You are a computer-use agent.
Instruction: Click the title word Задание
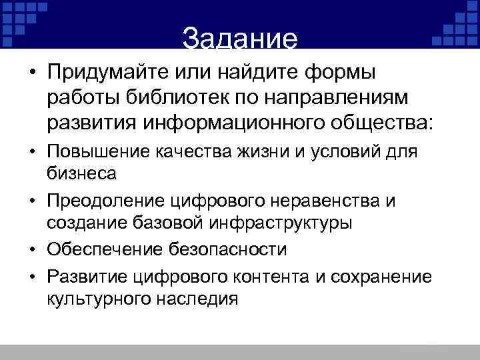click(x=239, y=39)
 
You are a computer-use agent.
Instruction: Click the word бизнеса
click(x=82, y=174)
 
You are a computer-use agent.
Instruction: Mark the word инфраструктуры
click(x=293, y=222)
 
